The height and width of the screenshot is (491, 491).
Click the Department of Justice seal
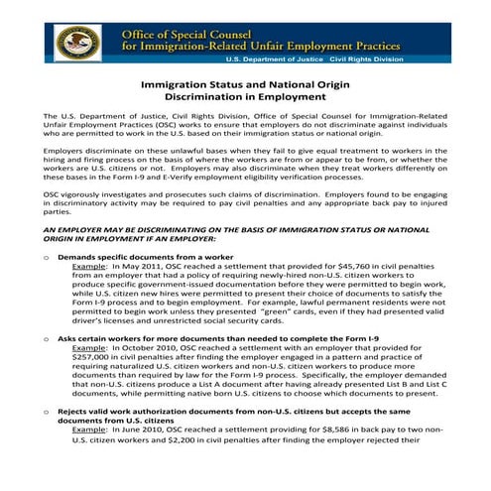[74, 42]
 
